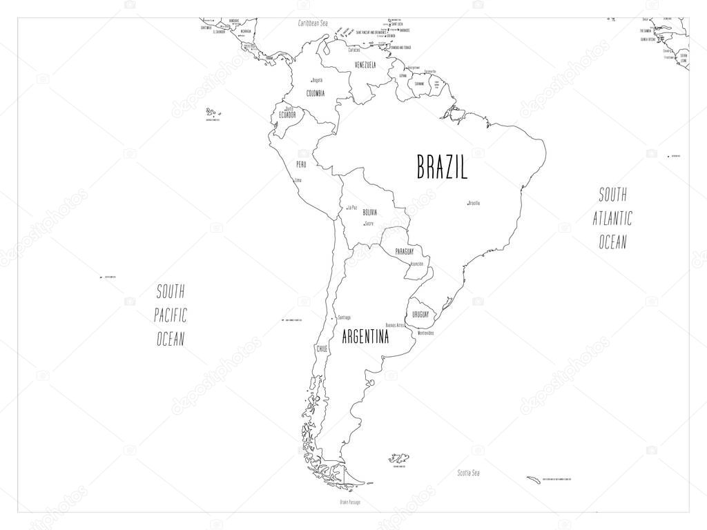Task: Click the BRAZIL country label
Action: pyautogui.click(x=442, y=168)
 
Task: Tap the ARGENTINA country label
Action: pyautogui.click(x=365, y=337)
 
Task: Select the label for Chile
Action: pyautogui.click(x=322, y=349)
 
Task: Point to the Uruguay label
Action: pyautogui.click(x=420, y=315)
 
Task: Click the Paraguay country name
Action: pyautogui.click(x=405, y=252)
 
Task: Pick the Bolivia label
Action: pyautogui.click(x=370, y=213)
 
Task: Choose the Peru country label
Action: pyautogui.click(x=301, y=164)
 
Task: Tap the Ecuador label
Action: pyautogui.click(x=287, y=115)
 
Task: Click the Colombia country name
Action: pyautogui.click(x=316, y=94)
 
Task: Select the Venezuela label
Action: pyautogui.click(x=365, y=65)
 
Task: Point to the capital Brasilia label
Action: pyautogui.click(x=474, y=203)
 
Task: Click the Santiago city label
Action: pyautogui.click(x=344, y=317)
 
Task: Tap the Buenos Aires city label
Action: pyautogui.click(x=395, y=324)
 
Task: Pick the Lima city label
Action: pyautogui.click(x=298, y=181)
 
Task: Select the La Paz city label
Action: pyautogui.click(x=352, y=207)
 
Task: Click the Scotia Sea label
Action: pyautogui.click(x=468, y=473)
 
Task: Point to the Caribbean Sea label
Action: pyautogui.click(x=313, y=23)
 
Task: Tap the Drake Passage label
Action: pyautogui.click(x=349, y=502)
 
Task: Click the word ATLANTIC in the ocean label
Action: pyautogui.click(x=612, y=218)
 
